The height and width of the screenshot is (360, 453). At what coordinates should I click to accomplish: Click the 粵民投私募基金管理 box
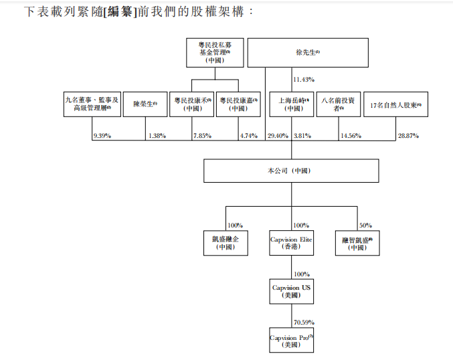click(215, 52)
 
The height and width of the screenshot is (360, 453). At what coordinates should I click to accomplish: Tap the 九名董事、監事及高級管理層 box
click(92, 104)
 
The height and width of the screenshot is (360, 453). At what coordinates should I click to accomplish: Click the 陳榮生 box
click(145, 104)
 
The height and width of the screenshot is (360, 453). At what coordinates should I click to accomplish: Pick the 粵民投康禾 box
click(193, 104)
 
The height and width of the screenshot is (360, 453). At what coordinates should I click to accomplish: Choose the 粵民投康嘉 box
click(239, 104)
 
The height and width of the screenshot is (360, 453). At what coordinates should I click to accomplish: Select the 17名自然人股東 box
click(399, 105)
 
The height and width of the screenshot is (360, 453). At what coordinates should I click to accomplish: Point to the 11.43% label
click(304, 80)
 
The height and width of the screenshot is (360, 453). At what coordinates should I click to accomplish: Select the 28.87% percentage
click(408, 136)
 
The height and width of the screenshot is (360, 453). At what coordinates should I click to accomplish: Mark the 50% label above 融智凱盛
click(366, 226)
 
